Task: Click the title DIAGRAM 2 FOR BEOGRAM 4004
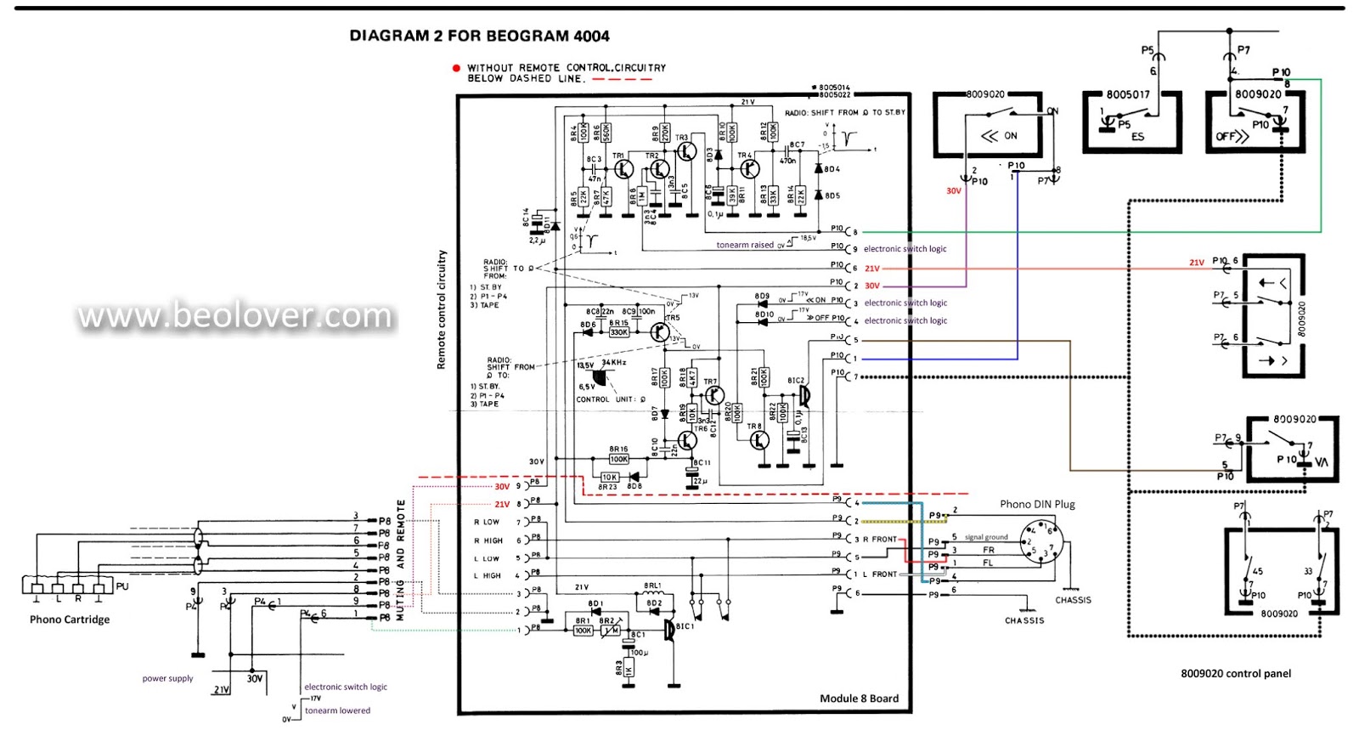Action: coord(479,36)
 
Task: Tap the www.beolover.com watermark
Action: coord(235,315)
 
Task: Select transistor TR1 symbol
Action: coord(624,168)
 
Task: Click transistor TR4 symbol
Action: coord(749,168)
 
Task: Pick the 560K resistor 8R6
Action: coord(606,133)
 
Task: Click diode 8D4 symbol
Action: coord(819,168)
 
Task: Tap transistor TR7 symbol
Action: coord(715,394)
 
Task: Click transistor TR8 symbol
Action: coord(760,439)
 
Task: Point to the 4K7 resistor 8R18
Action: coord(693,376)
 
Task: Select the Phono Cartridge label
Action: coord(70,620)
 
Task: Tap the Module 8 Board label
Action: coord(859,699)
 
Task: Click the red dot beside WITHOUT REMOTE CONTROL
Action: coord(456,68)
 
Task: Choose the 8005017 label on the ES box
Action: coord(1128,94)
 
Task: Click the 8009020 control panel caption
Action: coord(1236,674)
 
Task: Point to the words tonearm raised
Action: coord(745,245)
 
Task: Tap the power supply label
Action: coord(167,678)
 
